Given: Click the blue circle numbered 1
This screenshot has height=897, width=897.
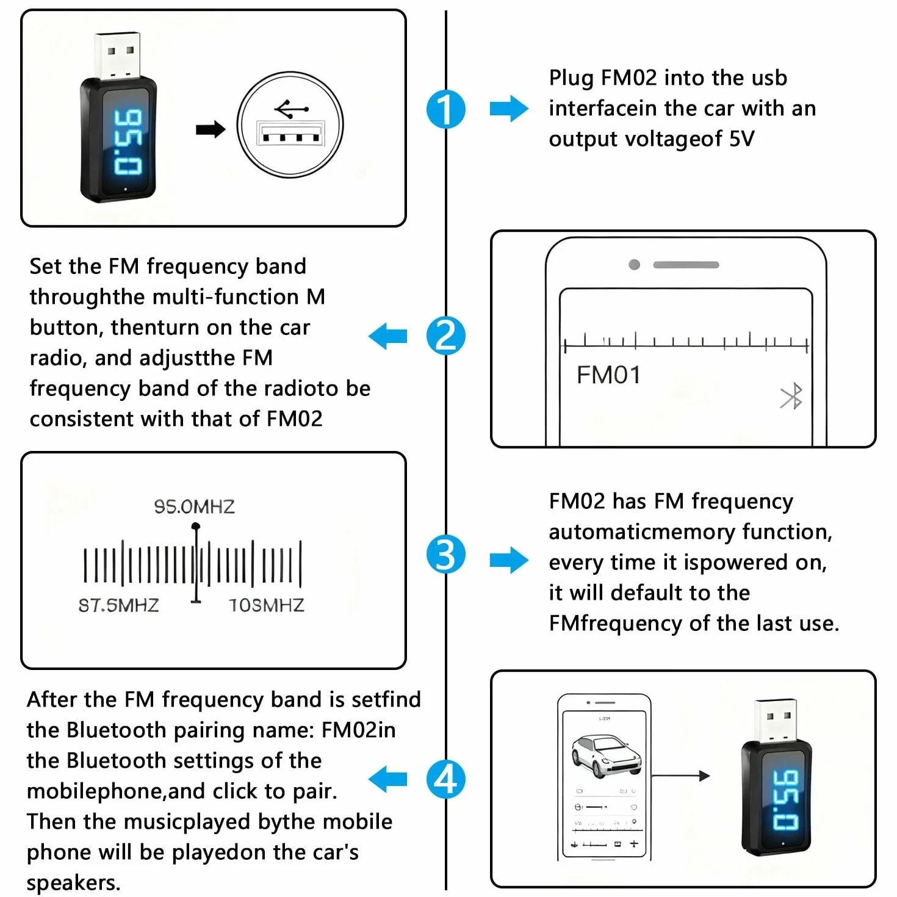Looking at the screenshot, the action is (445, 109).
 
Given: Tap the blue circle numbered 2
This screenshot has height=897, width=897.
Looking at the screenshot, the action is (445, 336).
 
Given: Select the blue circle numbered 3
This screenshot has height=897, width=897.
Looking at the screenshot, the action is (445, 554).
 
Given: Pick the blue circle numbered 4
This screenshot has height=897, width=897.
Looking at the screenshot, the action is (445, 779).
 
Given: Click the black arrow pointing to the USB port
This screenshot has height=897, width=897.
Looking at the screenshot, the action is (211, 129).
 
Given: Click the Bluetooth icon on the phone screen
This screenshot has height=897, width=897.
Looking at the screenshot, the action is (791, 396).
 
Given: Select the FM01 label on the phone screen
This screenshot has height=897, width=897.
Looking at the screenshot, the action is (608, 375).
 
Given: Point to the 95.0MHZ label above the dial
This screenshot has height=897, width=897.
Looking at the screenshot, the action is (194, 506).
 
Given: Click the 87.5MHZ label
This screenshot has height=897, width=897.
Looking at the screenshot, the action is (119, 605).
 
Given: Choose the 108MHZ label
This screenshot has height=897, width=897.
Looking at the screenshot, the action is (266, 605).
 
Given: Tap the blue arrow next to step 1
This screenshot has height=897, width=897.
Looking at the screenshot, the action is (509, 109).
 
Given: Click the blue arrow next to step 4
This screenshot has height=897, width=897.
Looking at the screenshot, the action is (387, 779).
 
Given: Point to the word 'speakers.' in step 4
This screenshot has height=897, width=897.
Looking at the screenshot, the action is (74, 882).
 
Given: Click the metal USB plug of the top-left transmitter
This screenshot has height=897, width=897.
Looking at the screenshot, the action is (117, 55).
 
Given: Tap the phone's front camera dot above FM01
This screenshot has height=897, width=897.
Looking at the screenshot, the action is (634, 264).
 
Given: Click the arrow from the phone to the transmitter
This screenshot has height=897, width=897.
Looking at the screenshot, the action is (680, 776).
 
